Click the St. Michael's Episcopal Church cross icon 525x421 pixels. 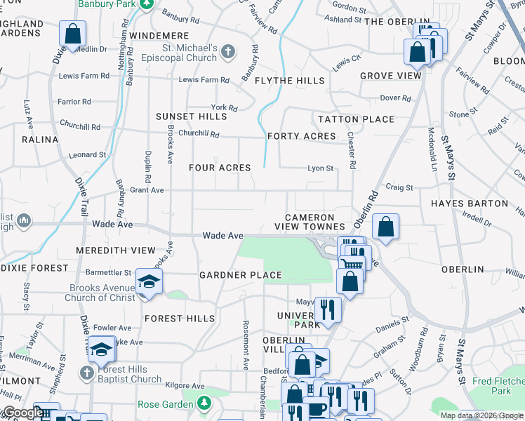click(x=227, y=51)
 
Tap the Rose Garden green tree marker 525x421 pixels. click(x=204, y=403)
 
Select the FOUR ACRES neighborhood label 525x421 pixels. click(x=220, y=168)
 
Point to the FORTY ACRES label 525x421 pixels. click(x=301, y=136)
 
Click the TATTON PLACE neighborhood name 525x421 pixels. click(x=356, y=119)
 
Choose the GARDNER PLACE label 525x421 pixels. click(x=241, y=275)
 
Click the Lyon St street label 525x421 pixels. click(x=320, y=168)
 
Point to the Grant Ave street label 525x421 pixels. click(x=147, y=190)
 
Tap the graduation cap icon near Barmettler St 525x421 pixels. click(x=149, y=282)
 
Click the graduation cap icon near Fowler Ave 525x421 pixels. click(x=102, y=349)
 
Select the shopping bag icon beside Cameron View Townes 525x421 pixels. click(x=385, y=227)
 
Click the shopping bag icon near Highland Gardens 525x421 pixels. click(x=72, y=33)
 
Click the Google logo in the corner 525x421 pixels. click(x=22, y=413)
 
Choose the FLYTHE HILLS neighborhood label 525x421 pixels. click(x=289, y=81)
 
